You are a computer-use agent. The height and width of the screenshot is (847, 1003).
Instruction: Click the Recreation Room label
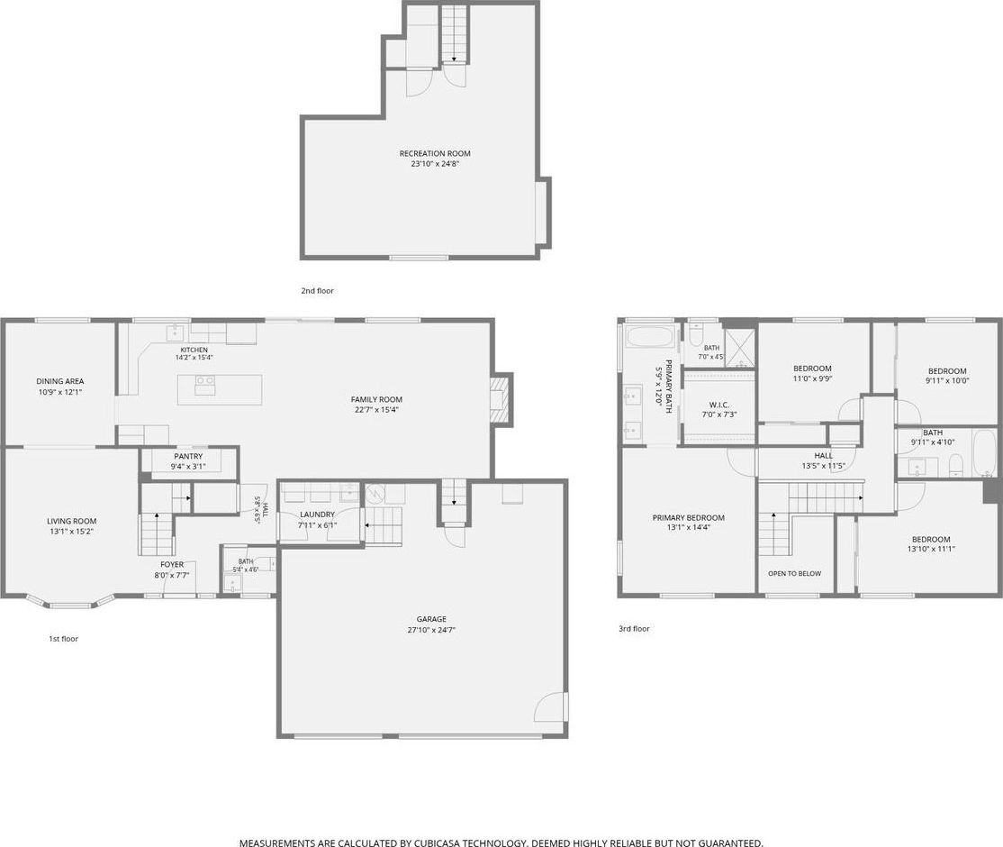click(435, 154)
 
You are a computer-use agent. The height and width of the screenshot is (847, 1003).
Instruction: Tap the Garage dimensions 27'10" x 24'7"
click(431, 630)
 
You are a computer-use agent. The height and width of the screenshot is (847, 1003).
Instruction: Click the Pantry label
click(188, 457)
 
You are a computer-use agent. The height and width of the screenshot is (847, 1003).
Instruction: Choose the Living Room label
click(72, 521)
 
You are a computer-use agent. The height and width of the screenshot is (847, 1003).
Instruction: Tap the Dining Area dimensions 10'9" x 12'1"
click(60, 392)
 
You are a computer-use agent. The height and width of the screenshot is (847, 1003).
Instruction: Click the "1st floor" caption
click(64, 638)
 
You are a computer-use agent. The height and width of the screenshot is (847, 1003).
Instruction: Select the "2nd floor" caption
click(317, 291)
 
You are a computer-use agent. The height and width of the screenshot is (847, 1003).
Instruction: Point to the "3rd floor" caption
click(634, 629)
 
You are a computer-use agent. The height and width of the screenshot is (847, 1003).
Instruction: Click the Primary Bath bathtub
click(651, 337)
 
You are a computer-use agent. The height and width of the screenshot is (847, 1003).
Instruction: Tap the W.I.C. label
click(719, 405)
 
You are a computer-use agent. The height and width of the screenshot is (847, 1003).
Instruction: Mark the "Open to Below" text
click(794, 574)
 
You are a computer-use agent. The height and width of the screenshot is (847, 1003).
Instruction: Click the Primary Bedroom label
click(688, 518)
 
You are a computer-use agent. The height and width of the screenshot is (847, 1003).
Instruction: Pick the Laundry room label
click(317, 515)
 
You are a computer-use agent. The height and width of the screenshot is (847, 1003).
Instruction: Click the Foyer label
click(171, 565)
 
